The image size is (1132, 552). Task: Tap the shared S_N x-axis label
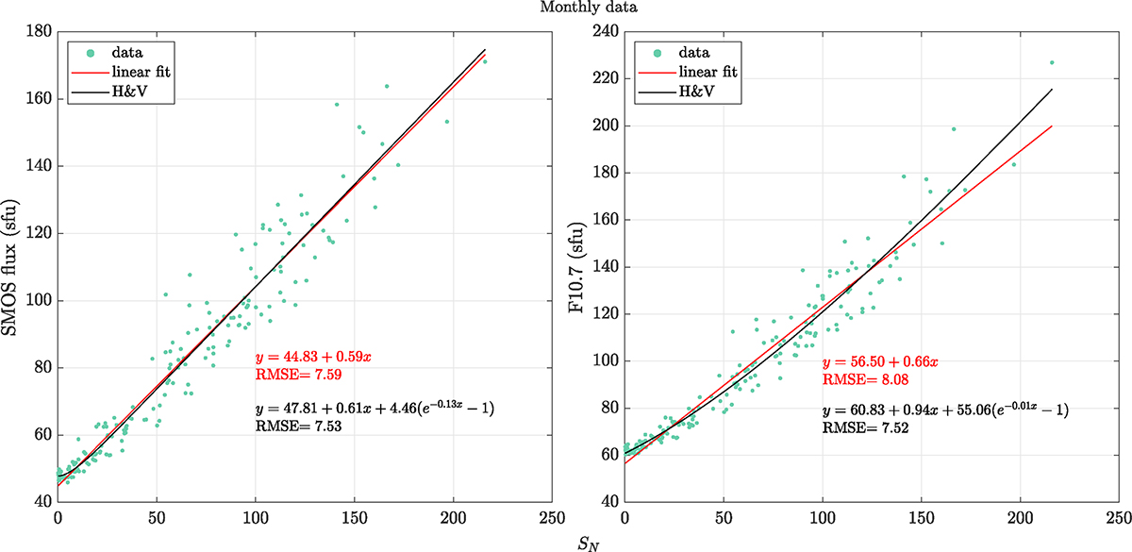pyautogui.click(x=586, y=543)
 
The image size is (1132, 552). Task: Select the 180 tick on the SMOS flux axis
pyautogui.click(x=40, y=31)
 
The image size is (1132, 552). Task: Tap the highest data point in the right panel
pyautogui.click(x=1051, y=63)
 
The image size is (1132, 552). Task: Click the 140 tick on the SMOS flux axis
pyautogui.click(x=40, y=166)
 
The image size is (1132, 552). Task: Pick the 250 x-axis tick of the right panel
pyautogui.click(x=1119, y=518)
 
